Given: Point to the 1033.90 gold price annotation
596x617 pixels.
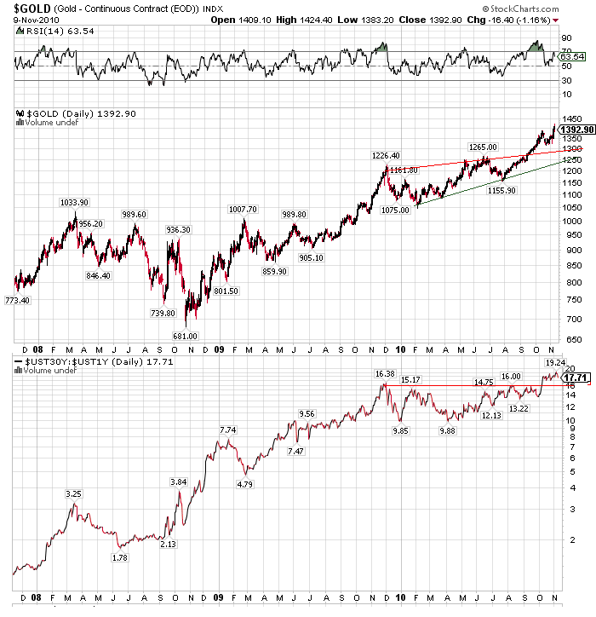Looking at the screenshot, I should [x=74, y=202].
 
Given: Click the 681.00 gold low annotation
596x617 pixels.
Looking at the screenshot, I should [x=184, y=335].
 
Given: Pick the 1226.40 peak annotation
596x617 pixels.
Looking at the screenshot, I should [x=386, y=155].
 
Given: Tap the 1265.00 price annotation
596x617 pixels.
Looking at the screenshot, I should [x=482, y=147].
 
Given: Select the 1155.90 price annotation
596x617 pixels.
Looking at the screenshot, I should [x=501, y=190].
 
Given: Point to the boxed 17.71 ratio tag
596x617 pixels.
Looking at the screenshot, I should [x=577, y=377].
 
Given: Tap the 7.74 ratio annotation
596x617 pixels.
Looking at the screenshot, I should [x=228, y=430].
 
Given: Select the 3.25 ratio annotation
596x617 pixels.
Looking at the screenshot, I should [x=74, y=494].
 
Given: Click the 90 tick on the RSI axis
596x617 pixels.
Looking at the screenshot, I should [x=564, y=38].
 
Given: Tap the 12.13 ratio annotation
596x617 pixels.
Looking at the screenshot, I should [x=491, y=415].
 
